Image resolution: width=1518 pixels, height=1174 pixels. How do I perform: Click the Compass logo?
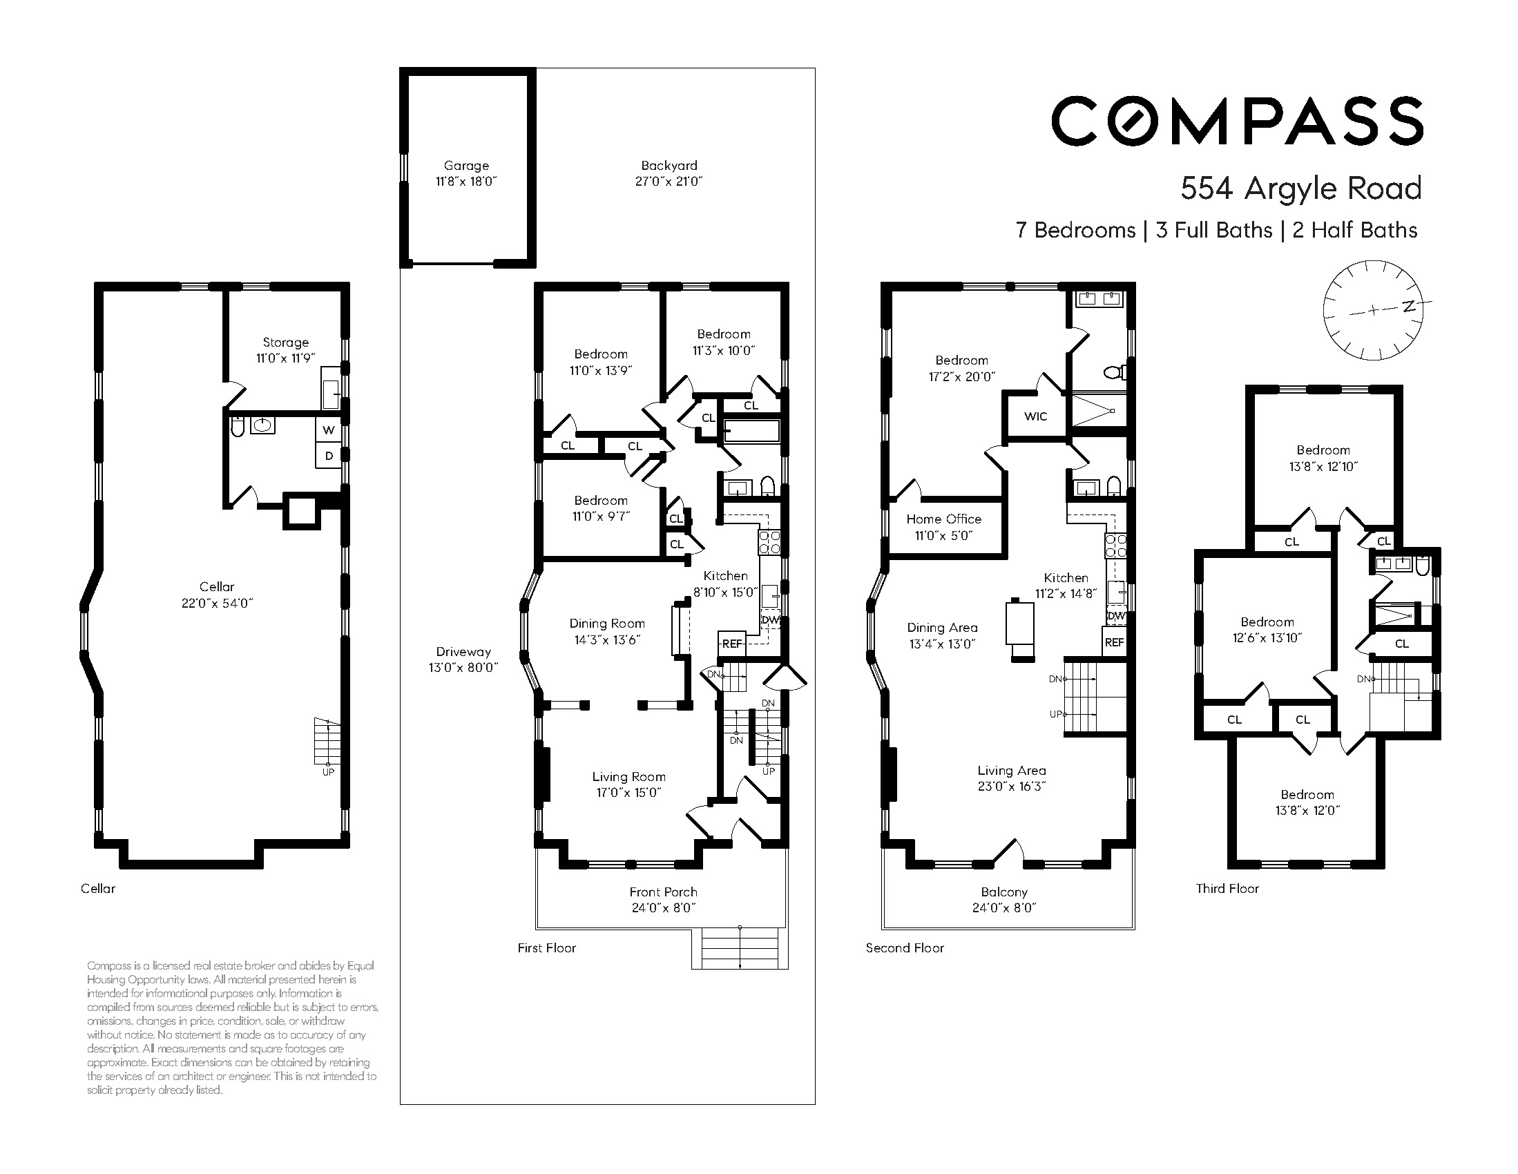point(1237,121)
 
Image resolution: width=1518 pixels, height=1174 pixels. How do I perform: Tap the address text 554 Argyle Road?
point(1301,189)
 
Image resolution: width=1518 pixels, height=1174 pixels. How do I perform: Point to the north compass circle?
point(1373,310)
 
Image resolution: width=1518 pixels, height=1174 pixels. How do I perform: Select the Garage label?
point(466,166)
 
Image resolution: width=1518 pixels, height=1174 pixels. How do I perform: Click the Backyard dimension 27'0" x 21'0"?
point(669,182)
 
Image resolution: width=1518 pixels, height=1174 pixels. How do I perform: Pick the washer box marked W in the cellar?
point(329,430)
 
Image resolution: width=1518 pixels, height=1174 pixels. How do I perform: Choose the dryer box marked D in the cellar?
point(329,456)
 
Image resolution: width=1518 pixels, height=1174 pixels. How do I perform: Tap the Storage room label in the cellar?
point(286,342)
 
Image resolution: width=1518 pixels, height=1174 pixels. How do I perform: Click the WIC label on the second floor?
point(1036,416)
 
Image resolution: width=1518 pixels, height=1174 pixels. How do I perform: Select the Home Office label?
point(944,519)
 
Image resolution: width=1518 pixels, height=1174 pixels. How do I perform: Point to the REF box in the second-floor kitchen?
point(1114,642)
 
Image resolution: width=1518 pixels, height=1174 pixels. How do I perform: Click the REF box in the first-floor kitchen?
point(732,644)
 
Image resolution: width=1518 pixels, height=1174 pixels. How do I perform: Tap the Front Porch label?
point(663,892)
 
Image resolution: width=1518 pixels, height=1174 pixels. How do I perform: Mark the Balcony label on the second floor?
point(1004,892)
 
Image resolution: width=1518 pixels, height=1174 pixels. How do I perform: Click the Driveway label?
point(463,652)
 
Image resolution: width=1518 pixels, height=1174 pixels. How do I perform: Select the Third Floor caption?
point(1227,888)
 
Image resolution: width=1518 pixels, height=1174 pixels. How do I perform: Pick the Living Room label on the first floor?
point(629,776)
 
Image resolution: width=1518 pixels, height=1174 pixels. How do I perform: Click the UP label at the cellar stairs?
point(328,771)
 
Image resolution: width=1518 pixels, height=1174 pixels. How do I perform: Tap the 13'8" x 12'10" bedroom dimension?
point(1323,466)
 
